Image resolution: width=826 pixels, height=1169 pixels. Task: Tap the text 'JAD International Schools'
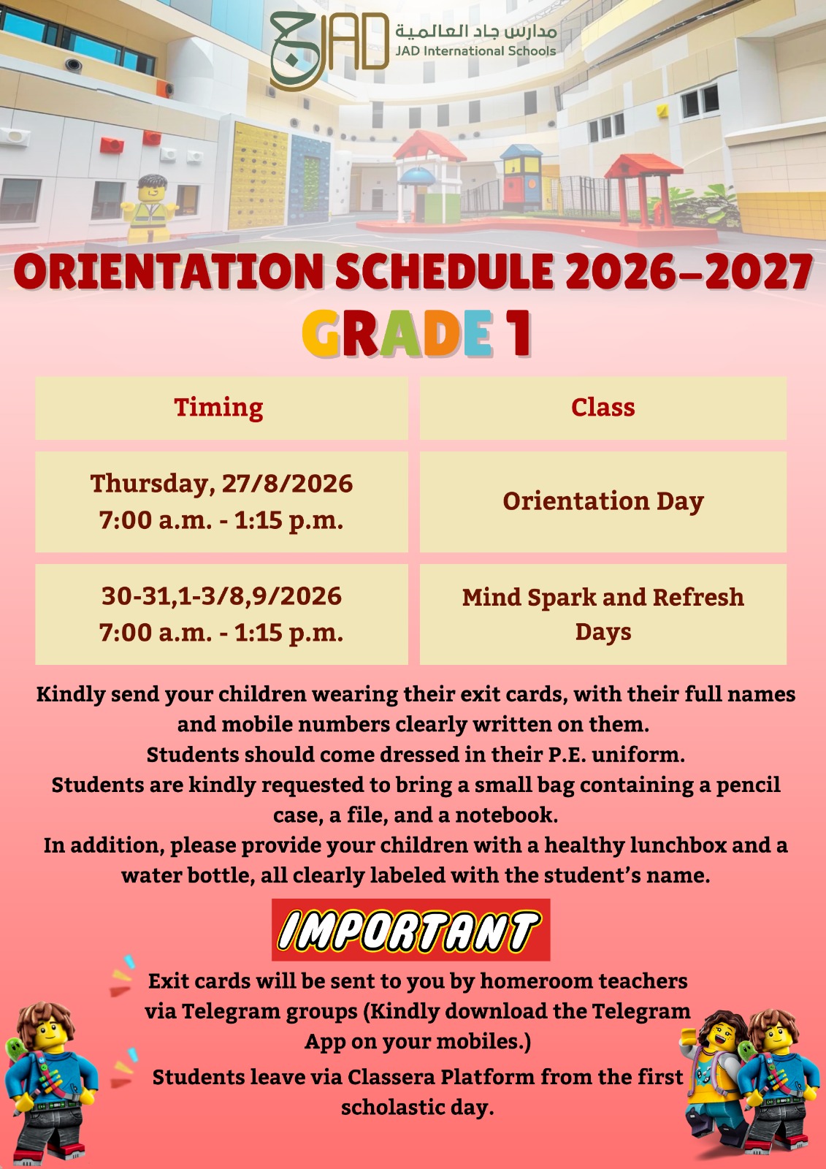[x=475, y=51]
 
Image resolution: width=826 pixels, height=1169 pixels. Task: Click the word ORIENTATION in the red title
[x=169, y=272]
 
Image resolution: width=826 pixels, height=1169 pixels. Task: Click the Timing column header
[x=218, y=408]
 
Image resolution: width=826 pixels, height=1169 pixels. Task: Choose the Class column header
[x=603, y=407]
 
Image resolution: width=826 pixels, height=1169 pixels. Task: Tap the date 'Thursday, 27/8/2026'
[x=222, y=484]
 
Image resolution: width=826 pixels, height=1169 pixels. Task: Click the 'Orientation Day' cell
[x=603, y=501]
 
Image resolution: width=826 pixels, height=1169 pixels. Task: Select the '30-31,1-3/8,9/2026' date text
[x=222, y=596]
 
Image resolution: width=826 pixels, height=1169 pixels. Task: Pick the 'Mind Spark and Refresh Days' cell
[x=603, y=614]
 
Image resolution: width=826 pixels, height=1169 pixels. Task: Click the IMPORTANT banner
[x=410, y=929]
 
